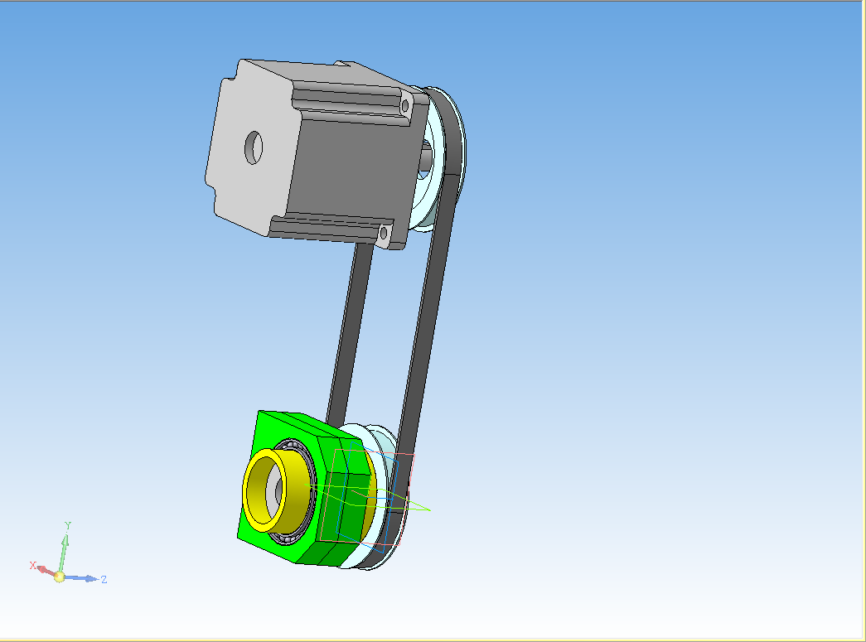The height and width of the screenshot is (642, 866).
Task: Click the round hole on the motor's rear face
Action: coord(254,147)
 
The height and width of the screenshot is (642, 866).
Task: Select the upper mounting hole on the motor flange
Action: coord(405,105)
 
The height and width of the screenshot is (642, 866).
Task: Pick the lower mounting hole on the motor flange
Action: coord(384,233)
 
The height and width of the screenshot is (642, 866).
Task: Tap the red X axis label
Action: coord(32,565)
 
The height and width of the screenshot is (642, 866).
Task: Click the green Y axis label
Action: coord(67,525)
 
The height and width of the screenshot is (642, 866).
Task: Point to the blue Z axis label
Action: coord(104,579)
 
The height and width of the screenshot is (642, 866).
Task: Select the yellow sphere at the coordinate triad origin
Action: coord(59,577)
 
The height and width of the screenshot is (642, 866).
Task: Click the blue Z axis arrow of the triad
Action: coord(82,578)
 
